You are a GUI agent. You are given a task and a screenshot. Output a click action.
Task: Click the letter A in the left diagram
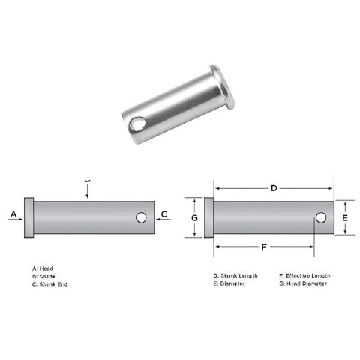click(x=13, y=215)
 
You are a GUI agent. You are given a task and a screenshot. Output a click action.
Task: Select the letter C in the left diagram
click(x=164, y=215)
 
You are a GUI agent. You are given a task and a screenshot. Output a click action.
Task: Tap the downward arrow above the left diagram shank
click(x=88, y=192)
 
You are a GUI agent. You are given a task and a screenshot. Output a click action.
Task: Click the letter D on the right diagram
click(x=274, y=187)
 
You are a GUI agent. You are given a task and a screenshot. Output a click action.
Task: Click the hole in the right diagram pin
click(x=320, y=217)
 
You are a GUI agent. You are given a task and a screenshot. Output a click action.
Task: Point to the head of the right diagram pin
click(x=209, y=217)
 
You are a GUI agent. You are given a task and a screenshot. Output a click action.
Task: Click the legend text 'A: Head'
click(x=43, y=268)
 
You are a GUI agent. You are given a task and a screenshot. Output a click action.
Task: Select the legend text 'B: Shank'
click(x=44, y=276)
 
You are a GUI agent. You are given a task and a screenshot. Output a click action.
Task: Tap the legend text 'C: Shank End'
click(x=49, y=284)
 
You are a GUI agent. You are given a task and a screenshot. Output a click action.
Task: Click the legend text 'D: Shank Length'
click(x=235, y=275)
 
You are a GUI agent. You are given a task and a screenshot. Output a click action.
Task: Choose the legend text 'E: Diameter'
click(x=229, y=284)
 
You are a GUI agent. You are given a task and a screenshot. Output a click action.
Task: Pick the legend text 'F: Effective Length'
click(x=304, y=275)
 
